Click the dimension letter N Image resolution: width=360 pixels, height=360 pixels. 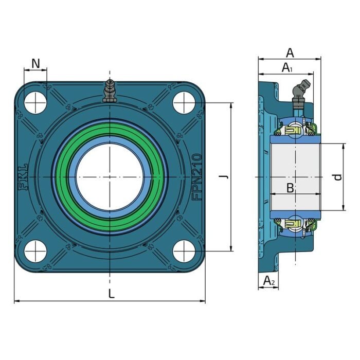[x=35, y=63]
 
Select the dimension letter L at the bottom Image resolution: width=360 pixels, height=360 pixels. [x=112, y=294]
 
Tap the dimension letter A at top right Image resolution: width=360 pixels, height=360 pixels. [x=290, y=52]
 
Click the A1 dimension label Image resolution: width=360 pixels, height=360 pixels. [x=287, y=67]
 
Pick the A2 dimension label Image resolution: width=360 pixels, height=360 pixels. [x=269, y=280]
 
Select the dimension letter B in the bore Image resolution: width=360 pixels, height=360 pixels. [x=290, y=188]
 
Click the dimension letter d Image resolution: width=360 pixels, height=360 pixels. [x=337, y=177]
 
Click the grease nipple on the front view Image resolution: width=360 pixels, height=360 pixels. [x=109, y=91]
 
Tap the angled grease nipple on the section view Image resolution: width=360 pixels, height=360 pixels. [x=301, y=93]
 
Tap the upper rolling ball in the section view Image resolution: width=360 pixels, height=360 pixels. [x=295, y=131]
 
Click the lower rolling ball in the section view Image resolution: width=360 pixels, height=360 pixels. [x=295, y=223]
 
